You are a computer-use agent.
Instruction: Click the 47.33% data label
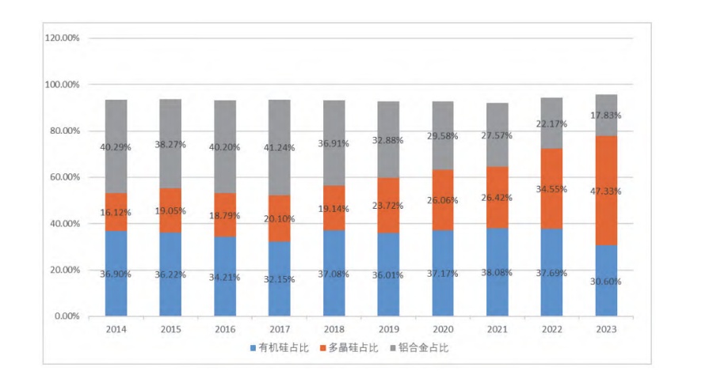click(x=606, y=191)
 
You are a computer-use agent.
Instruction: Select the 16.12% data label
click(x=116, y=212)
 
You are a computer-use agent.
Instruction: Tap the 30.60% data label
click(x=606, y=282)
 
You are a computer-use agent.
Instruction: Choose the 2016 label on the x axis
click(x=225, y=328)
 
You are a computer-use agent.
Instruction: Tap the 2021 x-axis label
click(x=498, y=328)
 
